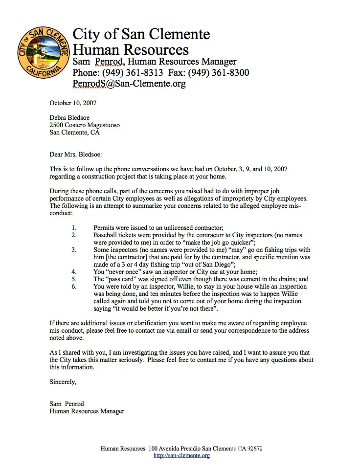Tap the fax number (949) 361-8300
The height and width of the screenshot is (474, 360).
[220, 73]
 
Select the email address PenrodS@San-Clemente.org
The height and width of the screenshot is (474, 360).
[129, 84]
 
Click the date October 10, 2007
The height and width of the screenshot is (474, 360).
[73, 103]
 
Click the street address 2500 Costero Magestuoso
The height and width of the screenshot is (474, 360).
[85, 125]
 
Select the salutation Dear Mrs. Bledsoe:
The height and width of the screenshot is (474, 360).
[75, 155]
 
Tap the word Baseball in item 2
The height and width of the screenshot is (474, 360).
[106, 235]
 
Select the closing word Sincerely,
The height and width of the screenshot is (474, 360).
[63, 382]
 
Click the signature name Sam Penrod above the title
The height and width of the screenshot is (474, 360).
[67, 404]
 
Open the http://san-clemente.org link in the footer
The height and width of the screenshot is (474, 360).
[181, 455]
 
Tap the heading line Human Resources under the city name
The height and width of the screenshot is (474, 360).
[131, 49]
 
